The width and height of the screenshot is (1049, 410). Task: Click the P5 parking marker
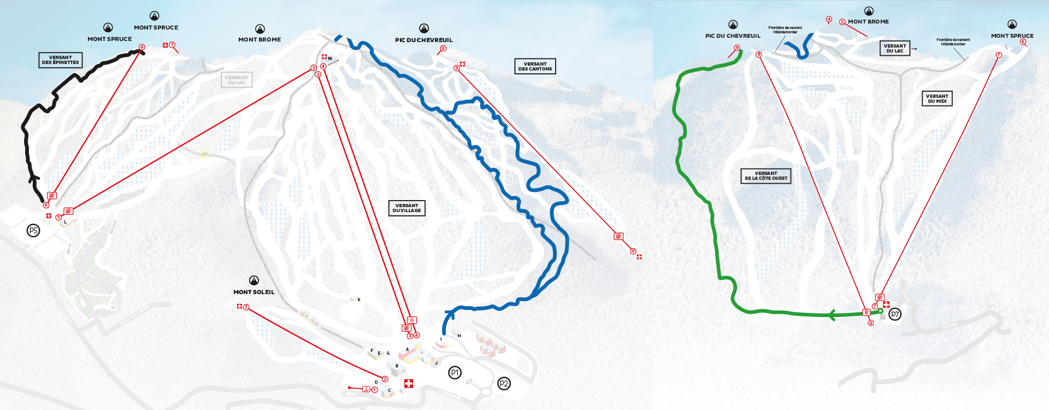[x=33, y=231]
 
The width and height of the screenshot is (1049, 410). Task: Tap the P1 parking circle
[x=455, y=373]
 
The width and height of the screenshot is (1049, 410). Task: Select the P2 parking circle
[x=504, y=384]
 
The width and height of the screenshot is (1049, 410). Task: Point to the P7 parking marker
[x=895, y=314]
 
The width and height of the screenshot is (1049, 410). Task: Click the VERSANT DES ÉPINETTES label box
[x=61, y=60]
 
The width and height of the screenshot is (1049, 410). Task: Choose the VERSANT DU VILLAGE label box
[x=406, y=208]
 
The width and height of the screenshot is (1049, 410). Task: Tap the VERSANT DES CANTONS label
[x=535, y=66]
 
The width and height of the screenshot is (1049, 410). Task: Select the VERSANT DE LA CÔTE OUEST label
[x=766, y=175]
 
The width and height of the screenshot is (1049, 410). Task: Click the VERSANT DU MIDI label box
[x=937, y=98]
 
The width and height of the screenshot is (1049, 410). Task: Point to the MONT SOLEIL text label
[x=254, y=292]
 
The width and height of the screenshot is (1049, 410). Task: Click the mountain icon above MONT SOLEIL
[x=254, y=280]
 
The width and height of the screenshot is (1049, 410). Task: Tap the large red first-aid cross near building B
[x=408, y=383]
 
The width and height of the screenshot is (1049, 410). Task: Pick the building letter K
[x=359, y=300]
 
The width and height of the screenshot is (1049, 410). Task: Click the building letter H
[x=459, y=336]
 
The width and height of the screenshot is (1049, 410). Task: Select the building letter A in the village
[x=407, y=349]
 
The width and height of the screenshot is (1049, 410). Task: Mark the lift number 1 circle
[x=375, y=390]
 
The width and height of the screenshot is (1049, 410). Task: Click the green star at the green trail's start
[x=880, y=311]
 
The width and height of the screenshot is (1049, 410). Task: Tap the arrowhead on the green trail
[x=832, y=315]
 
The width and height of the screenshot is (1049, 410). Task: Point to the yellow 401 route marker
[x=204, y=154]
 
